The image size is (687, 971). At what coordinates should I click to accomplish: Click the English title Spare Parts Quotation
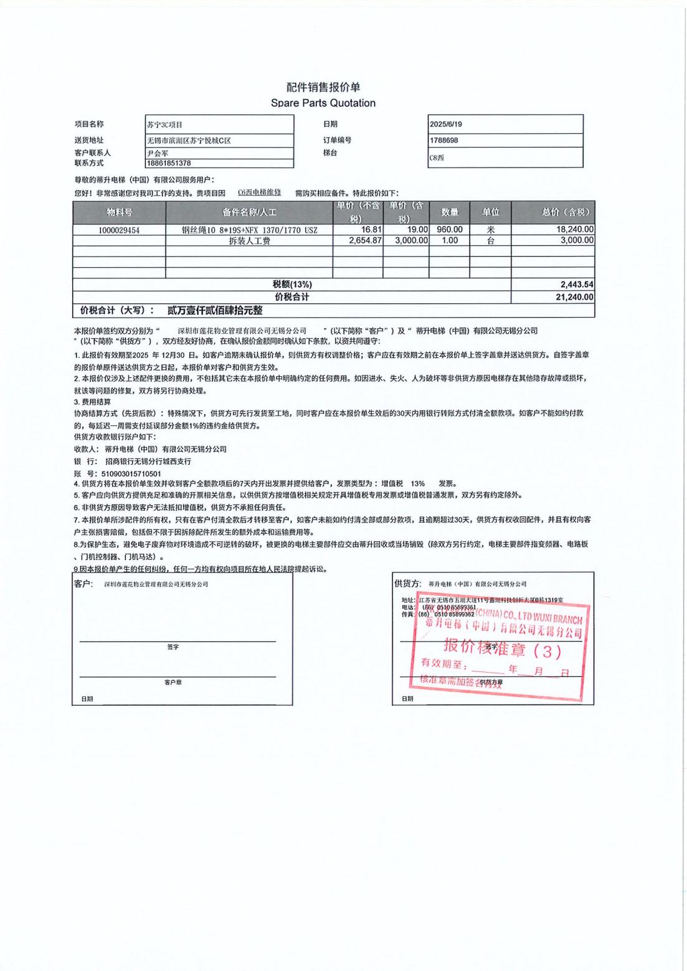tap(323, 103)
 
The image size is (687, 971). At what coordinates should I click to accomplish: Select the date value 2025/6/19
tap(446, 124)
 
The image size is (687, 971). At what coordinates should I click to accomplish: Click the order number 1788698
tap(443, 140)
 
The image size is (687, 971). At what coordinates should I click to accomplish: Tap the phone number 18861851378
tap(169, 163)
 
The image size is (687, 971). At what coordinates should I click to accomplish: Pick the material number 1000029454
tap(119, 230)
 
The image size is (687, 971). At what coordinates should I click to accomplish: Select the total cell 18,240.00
tap(575, 230)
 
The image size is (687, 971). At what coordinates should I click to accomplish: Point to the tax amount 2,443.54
tap(577, 284)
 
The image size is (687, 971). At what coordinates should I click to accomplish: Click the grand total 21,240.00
tap(574, 297)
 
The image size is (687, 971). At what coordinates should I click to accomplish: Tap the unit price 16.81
tap(371, 230)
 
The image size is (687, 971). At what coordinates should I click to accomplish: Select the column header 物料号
tap(119, 212)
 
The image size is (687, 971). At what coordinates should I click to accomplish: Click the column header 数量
tap(450, 212)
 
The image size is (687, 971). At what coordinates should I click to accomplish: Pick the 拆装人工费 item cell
tap(249, 240)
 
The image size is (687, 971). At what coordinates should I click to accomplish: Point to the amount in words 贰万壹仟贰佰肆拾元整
tap(215, 310)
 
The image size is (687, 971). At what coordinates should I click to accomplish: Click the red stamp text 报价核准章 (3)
tap(502, 650)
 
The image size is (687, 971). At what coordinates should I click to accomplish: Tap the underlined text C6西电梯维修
tap(259, 192)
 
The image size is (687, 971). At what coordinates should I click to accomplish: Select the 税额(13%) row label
tap(291, 284)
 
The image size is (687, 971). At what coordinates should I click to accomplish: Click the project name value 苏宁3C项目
tap(164, 125)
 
